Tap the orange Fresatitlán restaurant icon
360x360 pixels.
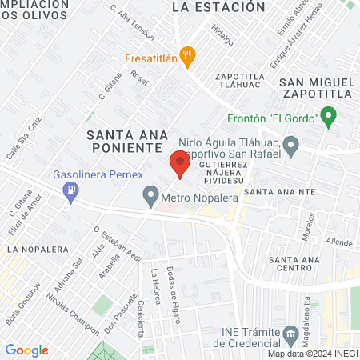tap(188, 57)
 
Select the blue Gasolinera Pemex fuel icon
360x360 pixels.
tap(72, 190)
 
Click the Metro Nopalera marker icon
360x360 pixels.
tap(150, 194)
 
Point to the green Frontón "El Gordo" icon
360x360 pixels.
tap(326, 117)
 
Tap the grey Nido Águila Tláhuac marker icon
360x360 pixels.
tap(291, 146)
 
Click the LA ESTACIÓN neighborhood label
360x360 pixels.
tap(218, 7)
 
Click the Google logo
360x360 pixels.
tap(26, 350)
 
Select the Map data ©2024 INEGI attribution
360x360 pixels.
tap(312, 354)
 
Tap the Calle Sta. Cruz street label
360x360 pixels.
tap(24, 139)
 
